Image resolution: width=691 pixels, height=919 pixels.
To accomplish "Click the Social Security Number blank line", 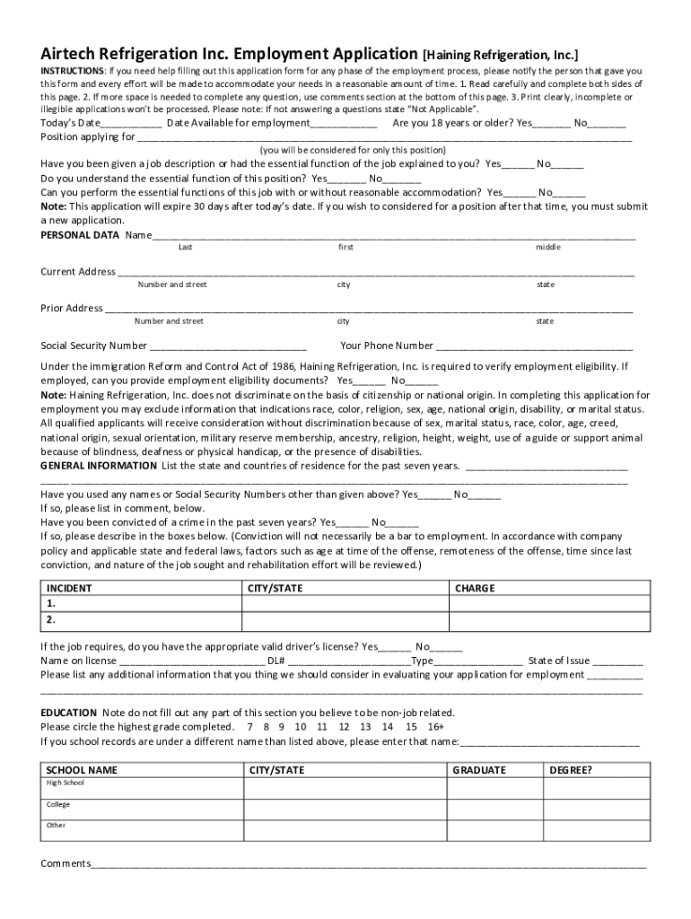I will tap(228, 346).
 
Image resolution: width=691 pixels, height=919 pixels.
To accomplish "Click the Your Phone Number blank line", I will tap(534, 346).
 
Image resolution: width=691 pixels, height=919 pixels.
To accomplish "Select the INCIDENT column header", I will tap(69, 589).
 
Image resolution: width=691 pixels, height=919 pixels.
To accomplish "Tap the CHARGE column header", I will tap(475, 589).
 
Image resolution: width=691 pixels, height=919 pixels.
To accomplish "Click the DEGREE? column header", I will tap(571, 770).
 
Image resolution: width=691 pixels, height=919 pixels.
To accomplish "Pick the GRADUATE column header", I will tap(479, 770).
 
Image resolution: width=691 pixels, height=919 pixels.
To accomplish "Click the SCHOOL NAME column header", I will tap(82, 770).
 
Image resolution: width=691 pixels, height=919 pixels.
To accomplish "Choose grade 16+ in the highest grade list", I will tap(436, 727).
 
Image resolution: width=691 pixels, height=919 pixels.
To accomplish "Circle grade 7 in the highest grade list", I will tap(250, 727).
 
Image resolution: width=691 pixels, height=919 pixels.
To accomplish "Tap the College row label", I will tap(58, 804).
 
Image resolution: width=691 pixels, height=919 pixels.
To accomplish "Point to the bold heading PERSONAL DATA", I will tap(80, 235).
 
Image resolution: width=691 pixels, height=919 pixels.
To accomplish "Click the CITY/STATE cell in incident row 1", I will tap(345, 604).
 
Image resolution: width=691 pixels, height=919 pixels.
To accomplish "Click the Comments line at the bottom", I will tap(368, 864).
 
